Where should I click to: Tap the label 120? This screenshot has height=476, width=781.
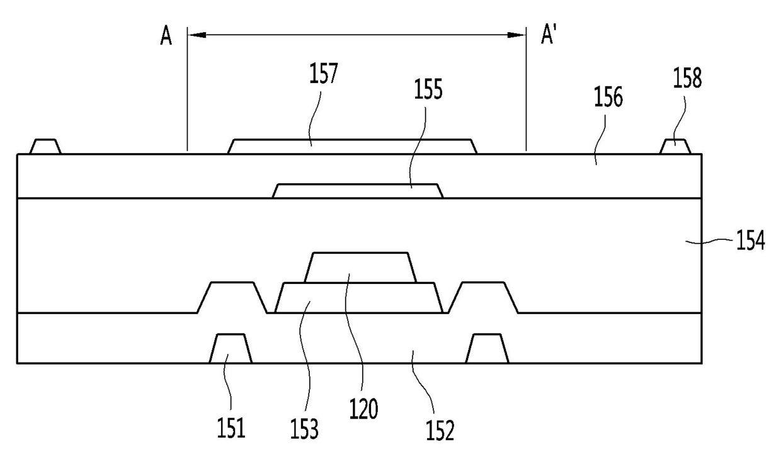point(364,411)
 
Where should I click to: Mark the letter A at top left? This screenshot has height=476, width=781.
point(166,37)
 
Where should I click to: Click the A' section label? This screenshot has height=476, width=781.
point(549,36)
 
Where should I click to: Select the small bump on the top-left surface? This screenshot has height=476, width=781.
point(45,147)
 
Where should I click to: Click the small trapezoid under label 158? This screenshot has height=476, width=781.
point(675,147)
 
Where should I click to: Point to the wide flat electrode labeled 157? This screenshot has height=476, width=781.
point(353,146)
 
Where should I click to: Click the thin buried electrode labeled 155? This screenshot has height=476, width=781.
point(358,191)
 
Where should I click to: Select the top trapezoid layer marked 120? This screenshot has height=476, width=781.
point(360,267)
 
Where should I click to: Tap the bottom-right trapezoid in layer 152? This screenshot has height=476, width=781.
point(487,349)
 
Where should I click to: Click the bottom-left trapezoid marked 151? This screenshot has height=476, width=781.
point(231,349)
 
